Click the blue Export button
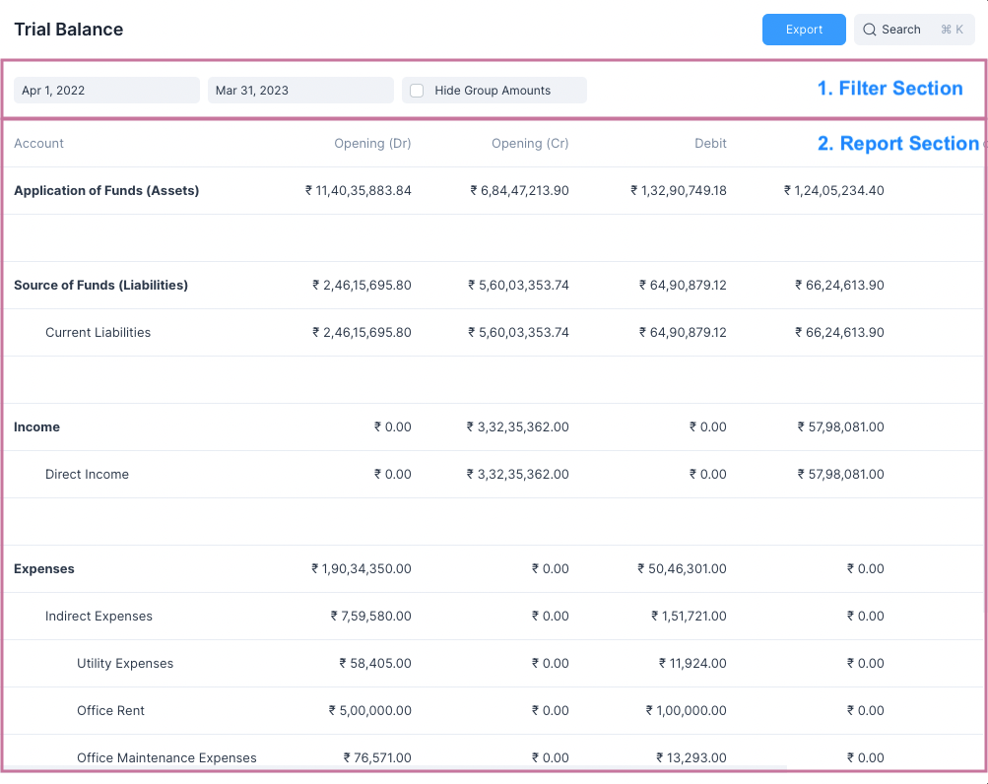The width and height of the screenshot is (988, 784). pos(804,30)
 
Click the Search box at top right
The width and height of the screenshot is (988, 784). pos(913,30)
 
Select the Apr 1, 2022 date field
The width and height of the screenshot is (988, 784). pos(106,91)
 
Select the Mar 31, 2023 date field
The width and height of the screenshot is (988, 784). pos(300,91)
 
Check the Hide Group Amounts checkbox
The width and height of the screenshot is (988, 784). pos(417,91)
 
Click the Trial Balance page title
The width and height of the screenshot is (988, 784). pos(69,30)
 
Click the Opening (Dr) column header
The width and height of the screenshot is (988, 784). pos(372,144)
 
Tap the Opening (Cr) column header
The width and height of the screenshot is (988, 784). pos(530,144)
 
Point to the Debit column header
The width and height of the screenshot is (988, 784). pos(710,144)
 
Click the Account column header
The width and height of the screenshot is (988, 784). pos(39,144)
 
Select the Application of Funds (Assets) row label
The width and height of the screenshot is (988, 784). pos(106,191)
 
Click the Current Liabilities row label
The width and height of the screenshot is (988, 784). pos(99,333)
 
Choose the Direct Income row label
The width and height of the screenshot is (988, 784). pos(87,475)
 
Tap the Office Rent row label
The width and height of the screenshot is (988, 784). pos(110,711)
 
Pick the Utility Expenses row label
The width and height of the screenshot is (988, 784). pos(125,664)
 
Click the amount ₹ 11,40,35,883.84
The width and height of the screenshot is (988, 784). pos(359,191)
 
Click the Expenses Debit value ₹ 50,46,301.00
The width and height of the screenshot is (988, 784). pos(682,569)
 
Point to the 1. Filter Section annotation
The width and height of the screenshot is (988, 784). pos(890,89)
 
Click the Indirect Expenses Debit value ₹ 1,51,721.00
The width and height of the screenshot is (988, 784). pos(689,617)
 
